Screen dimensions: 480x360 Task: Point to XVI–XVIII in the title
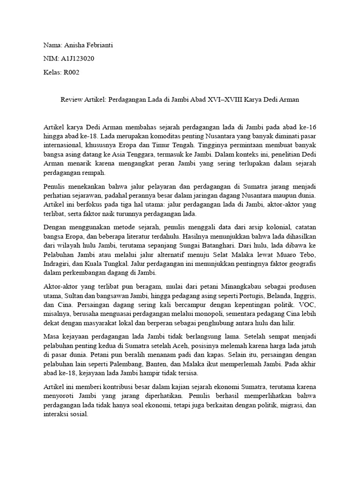pos(230,100)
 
